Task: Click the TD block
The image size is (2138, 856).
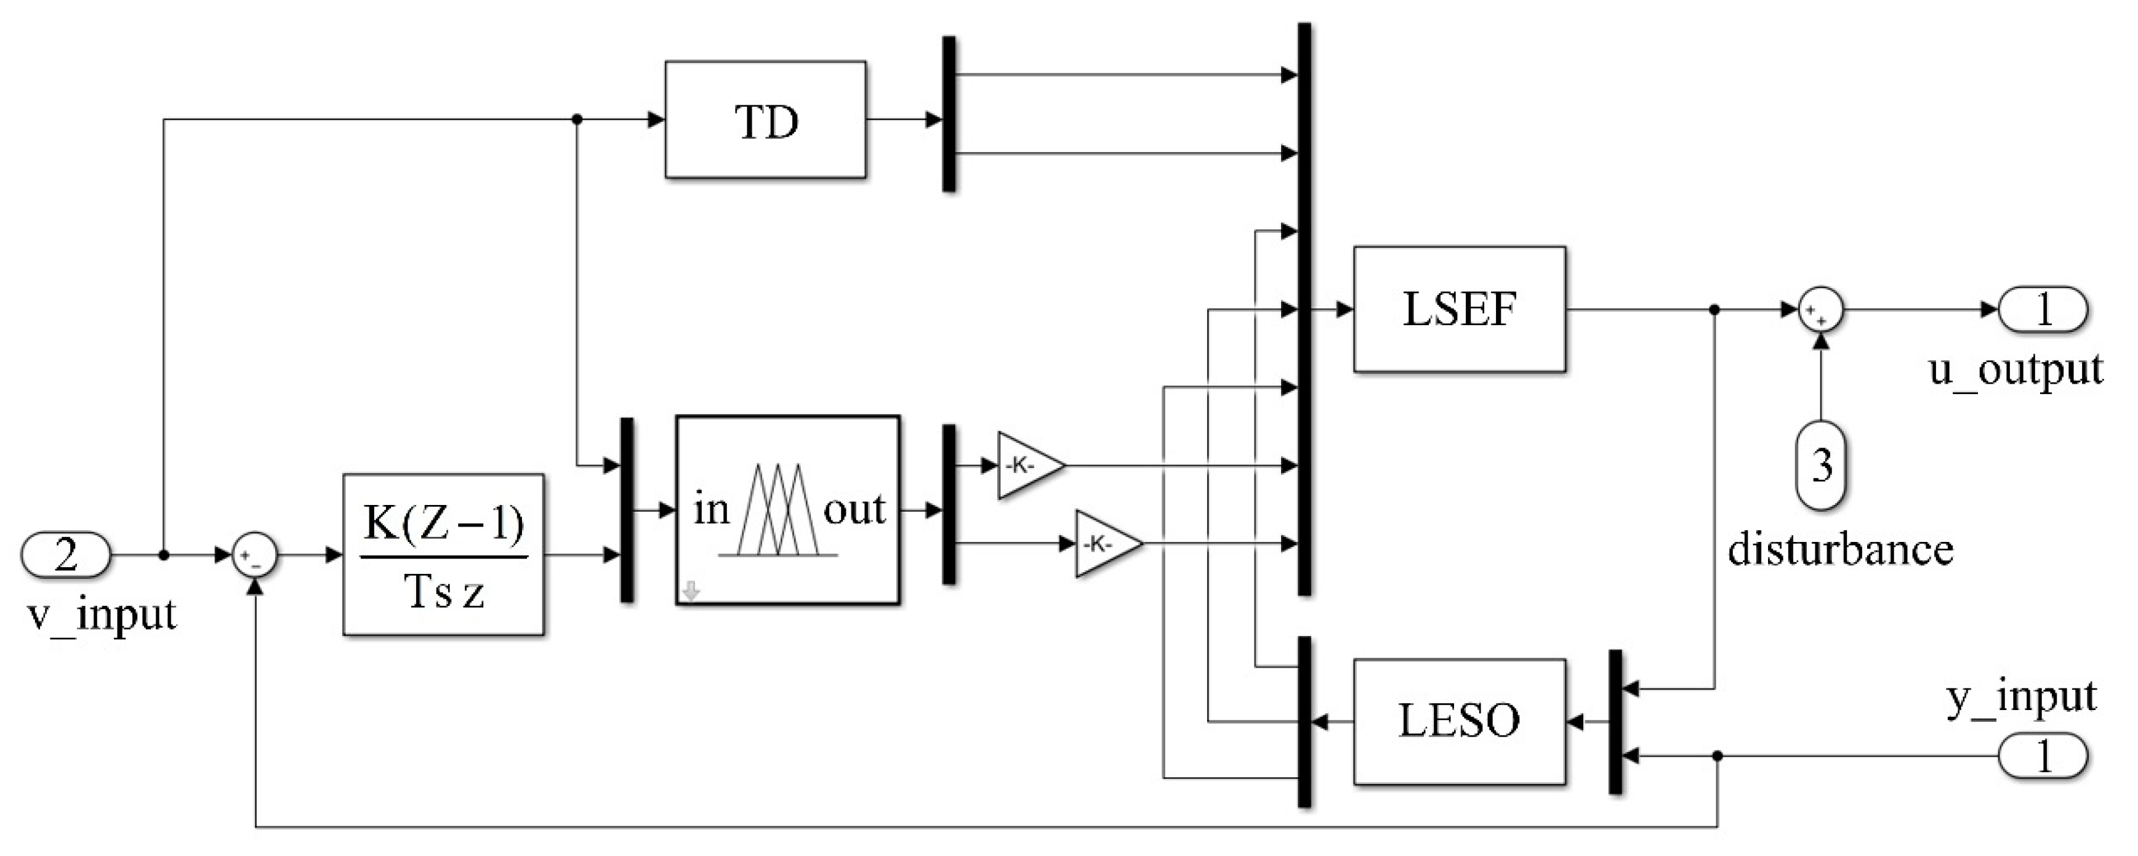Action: pos(765,119)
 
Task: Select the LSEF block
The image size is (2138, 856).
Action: pos(1459,309)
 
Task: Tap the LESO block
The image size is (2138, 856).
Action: pos(1459,721)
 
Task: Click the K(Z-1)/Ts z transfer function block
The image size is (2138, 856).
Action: pos(443,555)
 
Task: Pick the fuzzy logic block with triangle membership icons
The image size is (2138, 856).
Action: pos(787,509)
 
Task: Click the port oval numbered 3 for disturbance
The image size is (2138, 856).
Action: pos(1820,465)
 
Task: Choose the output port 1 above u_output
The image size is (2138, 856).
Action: pos(2043,309)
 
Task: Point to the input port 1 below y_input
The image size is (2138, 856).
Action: pos(2043,756)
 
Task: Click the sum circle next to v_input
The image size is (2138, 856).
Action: pos(255,555)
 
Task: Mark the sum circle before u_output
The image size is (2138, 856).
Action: pos(1820,310)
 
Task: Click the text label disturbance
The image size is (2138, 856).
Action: pos(1840,550)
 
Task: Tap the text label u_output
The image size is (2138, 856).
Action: pos(2015,369)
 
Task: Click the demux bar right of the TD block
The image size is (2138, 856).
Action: pos(949,114)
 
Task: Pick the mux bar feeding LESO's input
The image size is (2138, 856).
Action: pos(1615,722)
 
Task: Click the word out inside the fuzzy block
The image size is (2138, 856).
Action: pos(854,509)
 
